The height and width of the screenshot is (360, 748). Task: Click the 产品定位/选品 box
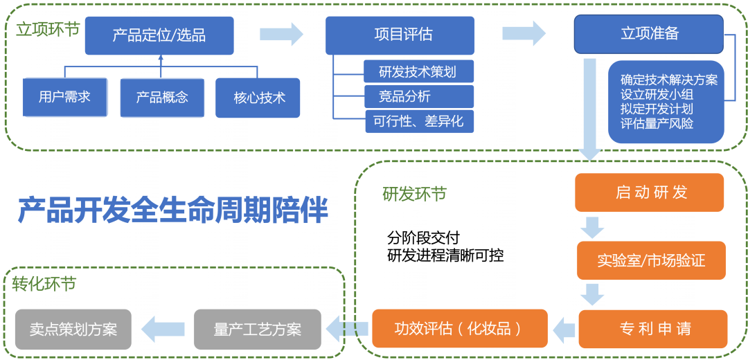click(159, 35)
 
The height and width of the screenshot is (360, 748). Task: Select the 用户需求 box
click(64, 97)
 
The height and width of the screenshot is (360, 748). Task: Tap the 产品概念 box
click(162, 97)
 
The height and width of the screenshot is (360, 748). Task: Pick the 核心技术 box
click(258, 98)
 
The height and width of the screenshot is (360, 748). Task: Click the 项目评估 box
click(400, 35)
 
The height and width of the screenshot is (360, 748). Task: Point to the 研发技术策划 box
click(418, 71)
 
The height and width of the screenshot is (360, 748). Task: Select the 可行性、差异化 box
click(418, 122)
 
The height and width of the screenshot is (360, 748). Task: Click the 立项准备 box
click(649, 34)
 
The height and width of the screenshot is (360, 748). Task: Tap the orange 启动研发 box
click(649, 192)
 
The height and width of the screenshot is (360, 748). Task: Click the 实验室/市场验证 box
click(651, 260)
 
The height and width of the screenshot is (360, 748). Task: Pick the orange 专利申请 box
click(652, 329)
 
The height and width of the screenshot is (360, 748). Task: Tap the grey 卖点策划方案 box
click(73, 329)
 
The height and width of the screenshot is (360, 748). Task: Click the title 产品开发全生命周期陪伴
click(172, 210)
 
